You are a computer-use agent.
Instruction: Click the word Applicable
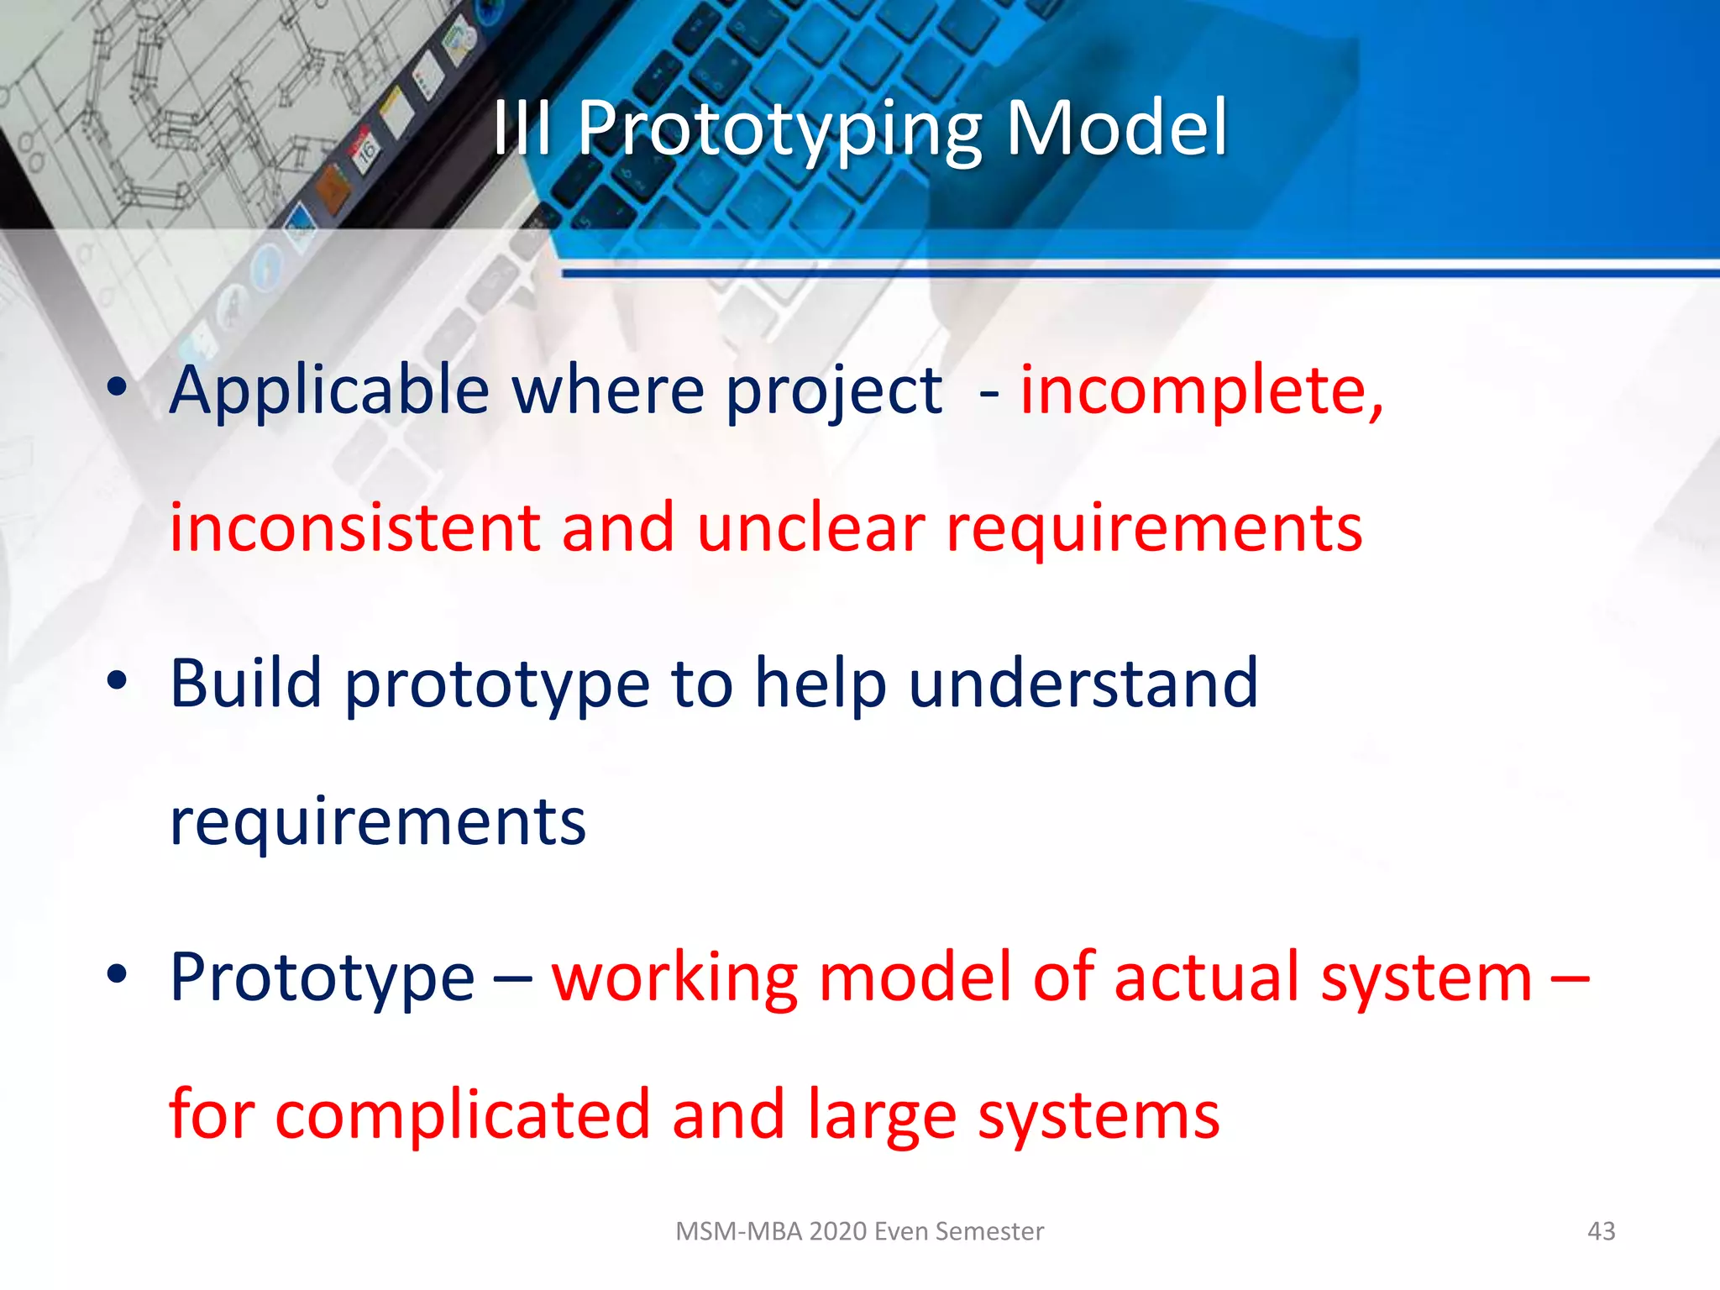(x=329, y=391)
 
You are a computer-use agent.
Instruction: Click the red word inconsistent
(x=355, y=528)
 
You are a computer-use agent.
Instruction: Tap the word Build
(x=245, y=683)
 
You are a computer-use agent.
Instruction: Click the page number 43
(x=1601, y=1231)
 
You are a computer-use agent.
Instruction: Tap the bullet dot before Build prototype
(x=118, y=681)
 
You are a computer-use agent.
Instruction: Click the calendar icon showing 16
(x=366, y=152)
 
